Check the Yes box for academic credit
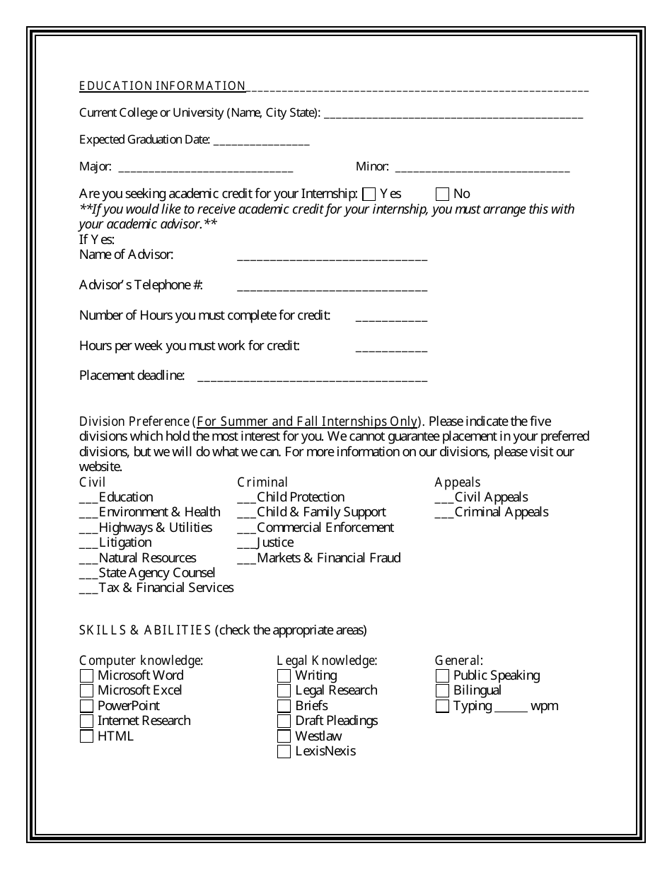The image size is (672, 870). pyautogui.click(x=369, y=194)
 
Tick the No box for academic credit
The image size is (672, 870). pyautogui.click(x=442, y=194)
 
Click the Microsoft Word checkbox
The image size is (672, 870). pyautogui.click(x=86, y=675)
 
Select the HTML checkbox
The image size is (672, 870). pyautogui.click(x=86, y=736)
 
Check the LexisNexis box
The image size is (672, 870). pyautogui.click(x=284, y=752)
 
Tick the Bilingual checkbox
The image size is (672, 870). pyautogui.click(x=442, y=691)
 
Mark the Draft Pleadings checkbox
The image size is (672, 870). pyautogui.click(x=284, y=721)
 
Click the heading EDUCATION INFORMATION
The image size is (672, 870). pyautogui.click(x=162, y=86)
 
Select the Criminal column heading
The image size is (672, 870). pyautogui.click(x=262, y=482)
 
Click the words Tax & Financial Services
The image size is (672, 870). pyautogui.click(x=166, y=588)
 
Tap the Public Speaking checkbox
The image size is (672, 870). pyautogui.click(x=442, y=675)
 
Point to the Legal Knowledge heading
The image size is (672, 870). pyautogui.click(x=327, y=661)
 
